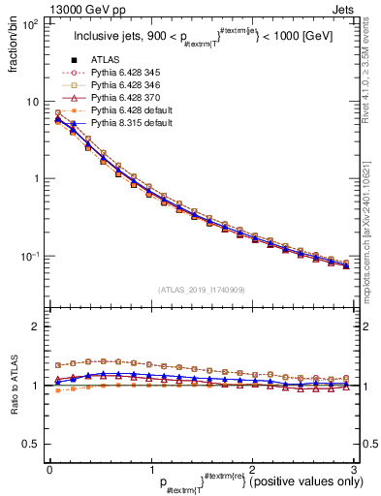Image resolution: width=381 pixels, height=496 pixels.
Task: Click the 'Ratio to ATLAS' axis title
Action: (12, 385)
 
